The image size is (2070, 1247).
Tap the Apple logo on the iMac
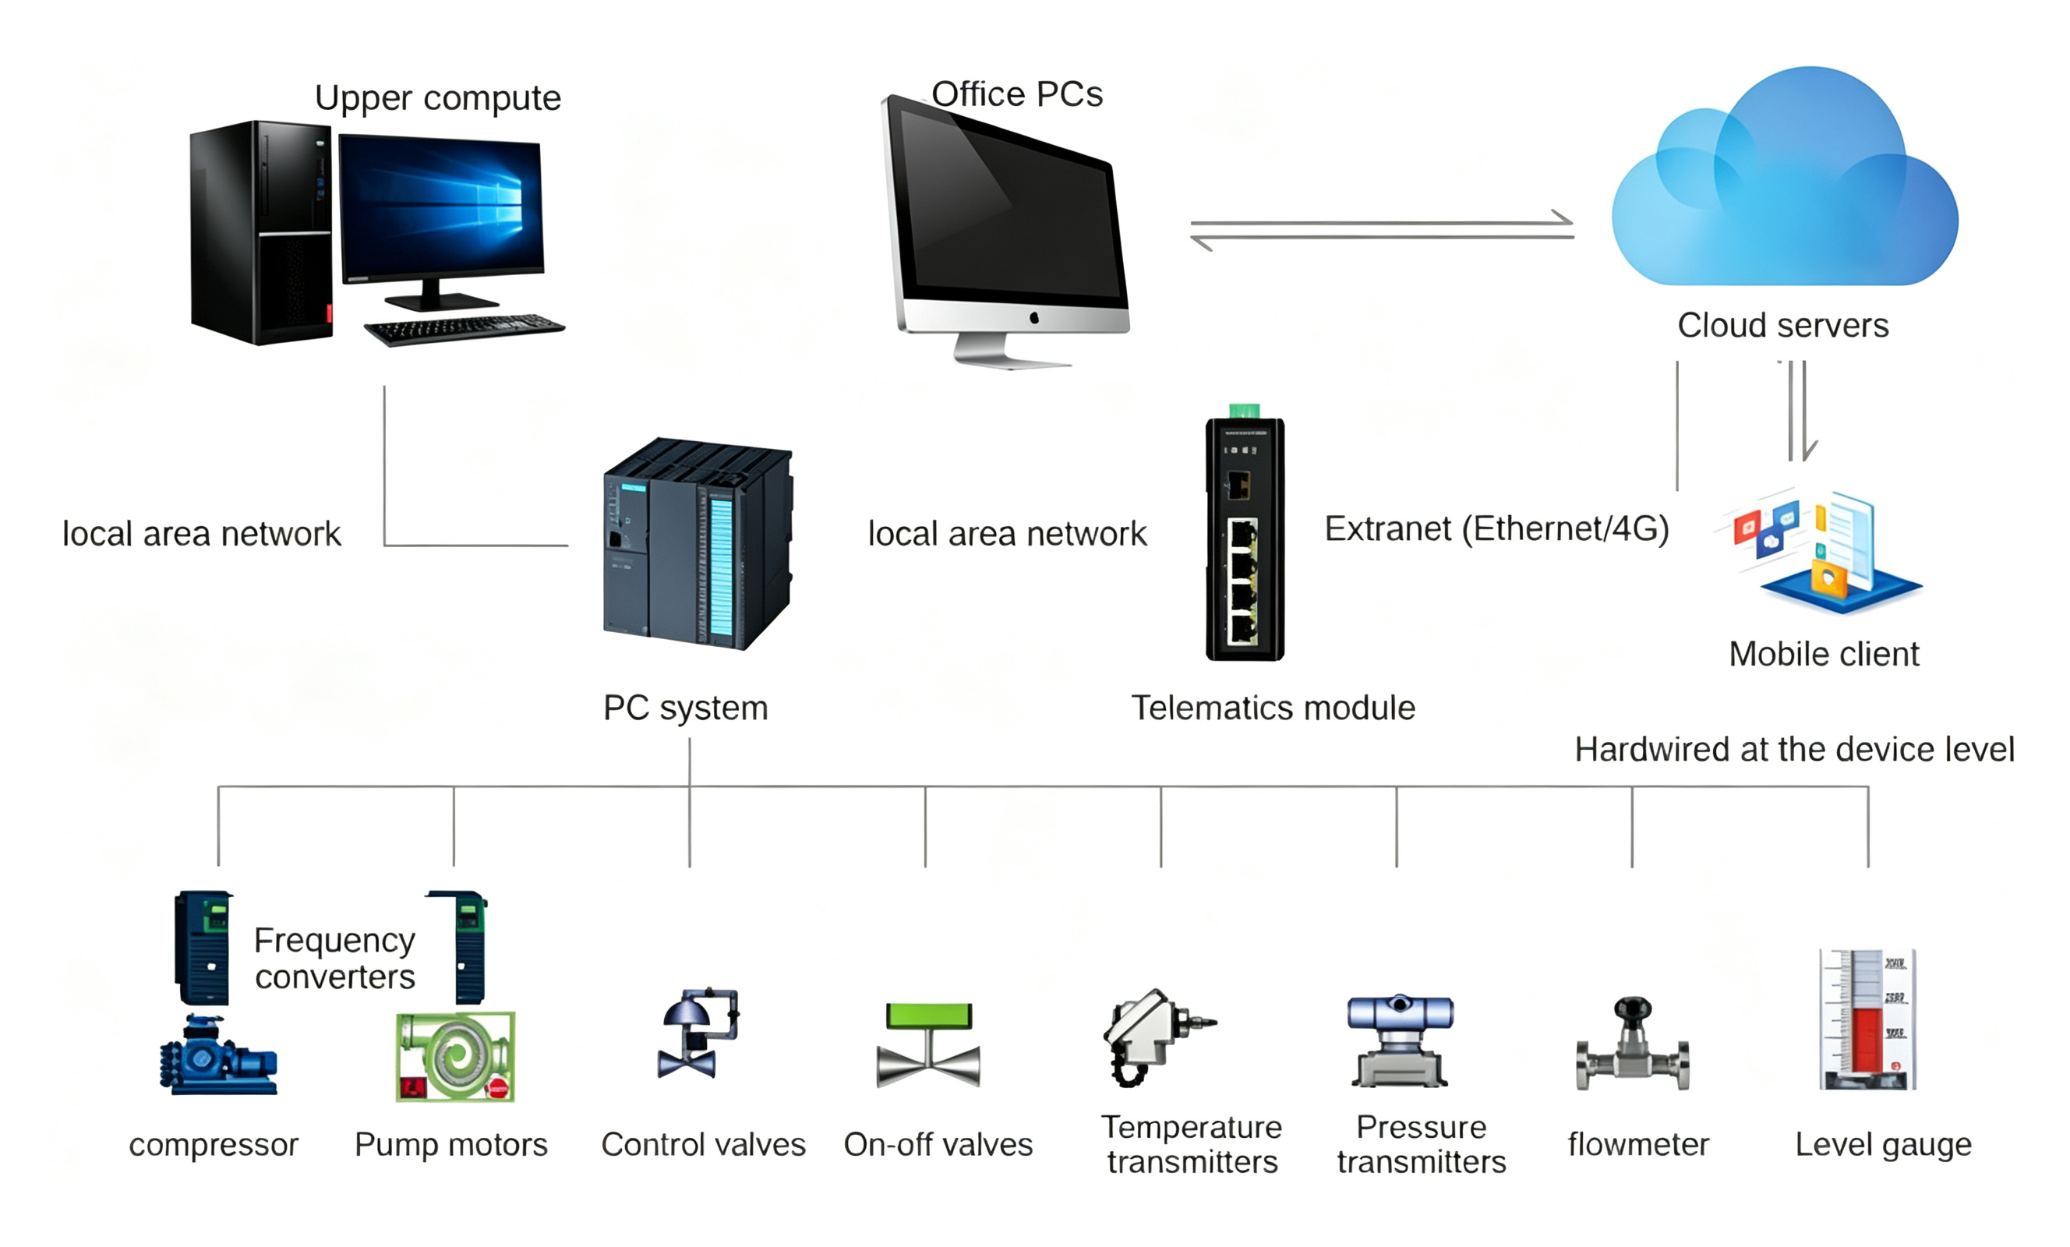1034,318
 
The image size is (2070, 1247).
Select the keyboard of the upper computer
465,329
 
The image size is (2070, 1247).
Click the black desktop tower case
261,233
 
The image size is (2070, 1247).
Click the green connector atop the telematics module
1244,411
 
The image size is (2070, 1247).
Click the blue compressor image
218,1054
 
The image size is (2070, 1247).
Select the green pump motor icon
455,1057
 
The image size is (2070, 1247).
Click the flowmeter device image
1632,1044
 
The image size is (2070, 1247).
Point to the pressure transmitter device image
1400,1041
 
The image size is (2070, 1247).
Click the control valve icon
698,1033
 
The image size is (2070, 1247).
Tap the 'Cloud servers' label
1782,325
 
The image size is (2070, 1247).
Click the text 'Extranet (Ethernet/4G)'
1496,529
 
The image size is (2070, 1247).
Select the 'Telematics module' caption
1273,708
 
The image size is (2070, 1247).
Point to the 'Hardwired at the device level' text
1794,750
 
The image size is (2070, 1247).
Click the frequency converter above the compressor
204,948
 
